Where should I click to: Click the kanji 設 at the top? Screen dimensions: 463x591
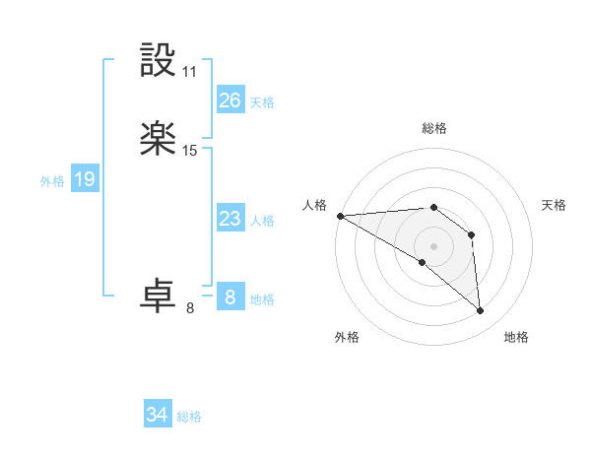(x=159, y=61)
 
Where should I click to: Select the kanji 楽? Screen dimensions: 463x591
(x=159, y=140)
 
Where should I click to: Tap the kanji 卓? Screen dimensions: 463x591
(x=159, y=296)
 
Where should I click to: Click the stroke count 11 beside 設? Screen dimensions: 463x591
(x=190, y=72)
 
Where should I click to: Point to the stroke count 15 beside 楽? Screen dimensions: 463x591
(x=190, y=151)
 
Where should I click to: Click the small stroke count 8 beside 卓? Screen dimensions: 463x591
(x=190, y=307)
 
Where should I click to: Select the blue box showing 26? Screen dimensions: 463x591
(x=230, y=100)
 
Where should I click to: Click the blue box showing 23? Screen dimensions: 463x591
(x=230, y=219)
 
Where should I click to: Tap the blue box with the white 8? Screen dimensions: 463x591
(x=230, y=298)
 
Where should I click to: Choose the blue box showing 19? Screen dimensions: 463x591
(x=85, y=179)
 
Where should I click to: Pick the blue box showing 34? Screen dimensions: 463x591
(x=157, y=415)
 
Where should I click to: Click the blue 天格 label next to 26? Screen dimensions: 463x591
(x=262, y=102)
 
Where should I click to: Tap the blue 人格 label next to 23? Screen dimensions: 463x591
(x=262, y=221)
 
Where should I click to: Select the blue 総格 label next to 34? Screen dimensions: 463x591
(x=189, y=417)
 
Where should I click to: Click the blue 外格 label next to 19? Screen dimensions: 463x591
(x=52, y=181)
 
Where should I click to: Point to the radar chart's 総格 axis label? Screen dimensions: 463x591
(x=433, y=128)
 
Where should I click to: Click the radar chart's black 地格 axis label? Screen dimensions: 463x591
(x=516, y=337)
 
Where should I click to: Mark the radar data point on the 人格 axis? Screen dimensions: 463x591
(x=340, y=216)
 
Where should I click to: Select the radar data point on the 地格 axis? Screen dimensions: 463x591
(x=481, y=311)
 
